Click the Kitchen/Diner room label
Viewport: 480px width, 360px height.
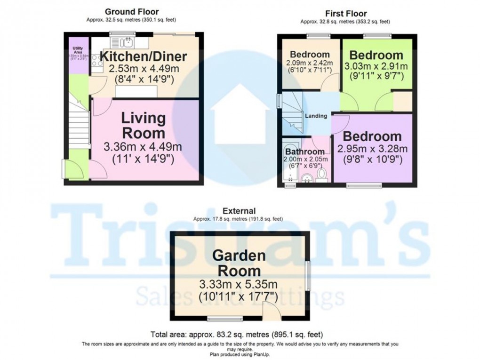pyautogui.click(x=144, y=57)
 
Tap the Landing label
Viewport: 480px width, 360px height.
pyautogui.click(x=316, y=116)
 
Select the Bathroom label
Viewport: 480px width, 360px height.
pyautogui.click(x=304, y=152)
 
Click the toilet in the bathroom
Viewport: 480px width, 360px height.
pyautogui.click(x=322, y=175)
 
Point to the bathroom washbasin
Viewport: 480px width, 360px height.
pyautogui.click(x=307, y=178)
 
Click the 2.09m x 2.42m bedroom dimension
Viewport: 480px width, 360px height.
pyautogui.click(x=310, y=64)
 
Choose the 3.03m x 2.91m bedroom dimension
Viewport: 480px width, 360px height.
pyautogui.click(x=376, y=66)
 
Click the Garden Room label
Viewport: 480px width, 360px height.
pyautogui.click(x=239, y=263)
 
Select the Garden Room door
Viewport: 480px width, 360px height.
pyautogui.click(x=270, y=311)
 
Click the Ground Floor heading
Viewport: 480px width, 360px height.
pyautogui.click(x=131, y=11)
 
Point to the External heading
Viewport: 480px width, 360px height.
pyautogui.click(x=240, y=211)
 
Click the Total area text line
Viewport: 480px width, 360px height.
pyautogui.click(x=237, y=335)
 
